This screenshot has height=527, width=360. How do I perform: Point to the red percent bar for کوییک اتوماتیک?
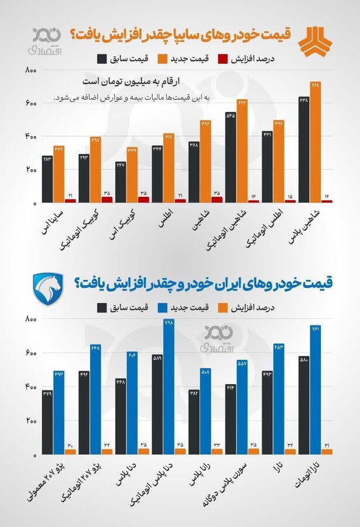tap(107, 199)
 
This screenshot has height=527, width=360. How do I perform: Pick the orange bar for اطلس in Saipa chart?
tap(169, 167)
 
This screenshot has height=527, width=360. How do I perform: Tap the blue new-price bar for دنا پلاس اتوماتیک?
tap(169, 386)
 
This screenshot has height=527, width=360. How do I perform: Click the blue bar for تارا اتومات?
tap(316, 389)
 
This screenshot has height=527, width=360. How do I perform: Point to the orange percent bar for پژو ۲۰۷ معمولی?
tap(70, 451)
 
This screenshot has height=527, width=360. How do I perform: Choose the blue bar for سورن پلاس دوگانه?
tap(242, 407)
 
